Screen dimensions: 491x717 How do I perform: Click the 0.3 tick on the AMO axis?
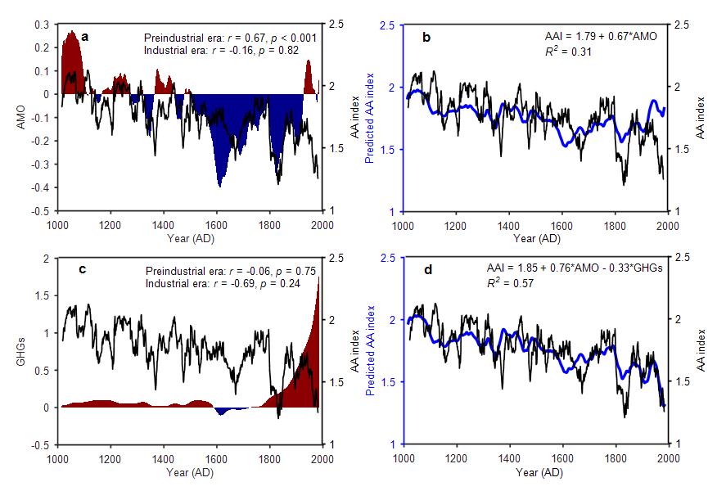click(41, 25)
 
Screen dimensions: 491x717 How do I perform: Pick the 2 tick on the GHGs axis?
click(46, 259)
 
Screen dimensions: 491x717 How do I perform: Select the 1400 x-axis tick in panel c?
click(163, 458)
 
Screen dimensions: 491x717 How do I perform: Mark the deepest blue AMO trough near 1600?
click(219, 183)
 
